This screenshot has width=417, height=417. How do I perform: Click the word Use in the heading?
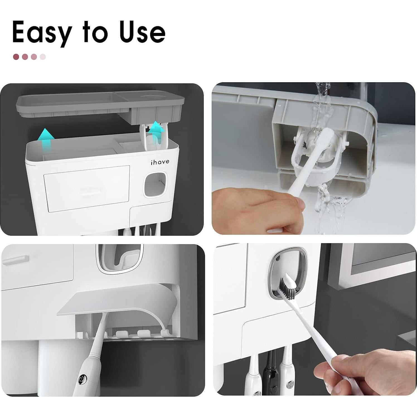click(142, 32)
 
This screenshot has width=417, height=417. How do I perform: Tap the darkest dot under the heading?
click(16, 57)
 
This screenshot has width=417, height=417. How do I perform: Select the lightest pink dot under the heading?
click(43, 57)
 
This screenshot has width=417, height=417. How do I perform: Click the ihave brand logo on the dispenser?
click(160, 162)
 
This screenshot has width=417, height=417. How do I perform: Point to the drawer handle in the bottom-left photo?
click(15, 260)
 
